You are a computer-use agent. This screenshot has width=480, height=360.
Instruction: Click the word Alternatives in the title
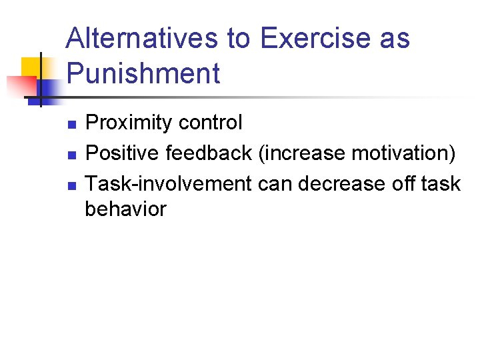point(143,39)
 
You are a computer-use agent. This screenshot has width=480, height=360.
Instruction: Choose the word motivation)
point(404,153)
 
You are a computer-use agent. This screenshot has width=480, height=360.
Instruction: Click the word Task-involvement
point(169,183)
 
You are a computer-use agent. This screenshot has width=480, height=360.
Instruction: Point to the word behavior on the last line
point(125,209)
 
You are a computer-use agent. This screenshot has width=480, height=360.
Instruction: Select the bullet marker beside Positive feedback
point(71,155)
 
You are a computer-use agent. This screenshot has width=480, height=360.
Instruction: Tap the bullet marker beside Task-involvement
point(71,185)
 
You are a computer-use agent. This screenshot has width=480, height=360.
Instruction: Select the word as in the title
point(395,39)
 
